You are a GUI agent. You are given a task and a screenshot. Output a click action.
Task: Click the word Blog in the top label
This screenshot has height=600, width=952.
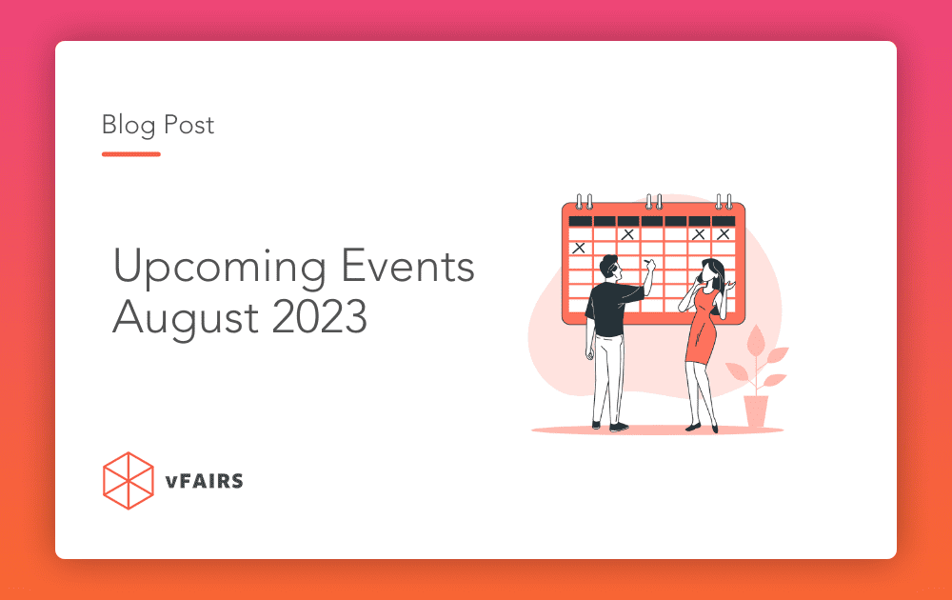click(x=128, y=125)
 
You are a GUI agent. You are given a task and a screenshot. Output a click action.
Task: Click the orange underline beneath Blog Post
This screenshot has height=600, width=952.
click(x=130, y=154)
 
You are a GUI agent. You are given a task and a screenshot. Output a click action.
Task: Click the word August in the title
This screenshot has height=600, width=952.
click(x=178, y=318)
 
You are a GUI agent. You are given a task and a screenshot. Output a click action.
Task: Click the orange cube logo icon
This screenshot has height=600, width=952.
click(x=128, y=480)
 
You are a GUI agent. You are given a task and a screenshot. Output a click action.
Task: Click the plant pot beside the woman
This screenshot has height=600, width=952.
click(x=756, y=410)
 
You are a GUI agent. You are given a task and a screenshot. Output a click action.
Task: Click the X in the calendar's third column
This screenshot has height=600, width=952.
click(x=627, y=233)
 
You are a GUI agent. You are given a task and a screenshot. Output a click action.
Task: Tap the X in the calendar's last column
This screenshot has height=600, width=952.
click(x=724, y=233)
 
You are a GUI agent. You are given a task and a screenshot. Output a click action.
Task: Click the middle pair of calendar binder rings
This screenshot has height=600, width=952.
click(x=654, y=202)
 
